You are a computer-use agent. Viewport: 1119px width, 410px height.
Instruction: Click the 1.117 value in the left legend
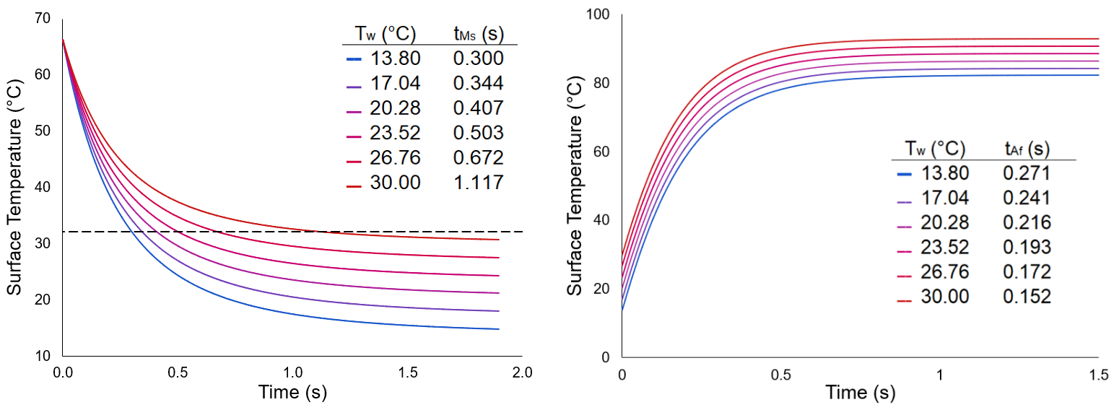(478, 183)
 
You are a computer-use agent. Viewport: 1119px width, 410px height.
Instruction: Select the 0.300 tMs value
(478, 58)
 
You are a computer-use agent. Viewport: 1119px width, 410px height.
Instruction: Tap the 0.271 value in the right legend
(1027, 173)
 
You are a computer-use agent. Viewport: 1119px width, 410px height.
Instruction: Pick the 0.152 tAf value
(1027, 297)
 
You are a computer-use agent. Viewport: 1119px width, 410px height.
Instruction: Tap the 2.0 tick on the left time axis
(521, 372)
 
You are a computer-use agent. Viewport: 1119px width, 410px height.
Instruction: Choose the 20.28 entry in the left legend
(395, 108)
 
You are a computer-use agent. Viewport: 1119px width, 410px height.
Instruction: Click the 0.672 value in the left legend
(478, 158)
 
